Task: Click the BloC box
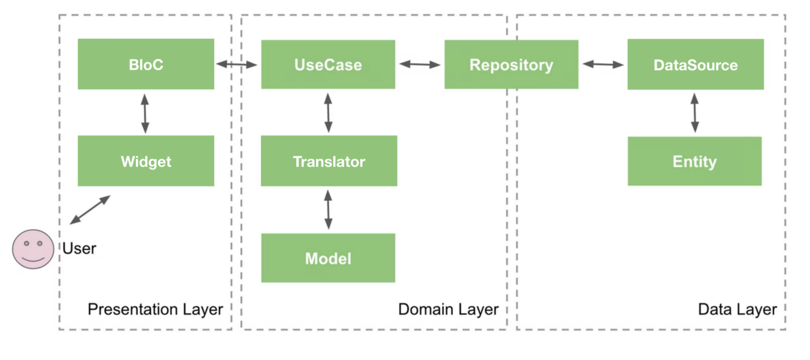146,64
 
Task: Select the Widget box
146,161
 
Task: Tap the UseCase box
328,64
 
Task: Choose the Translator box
329,161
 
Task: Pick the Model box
328,258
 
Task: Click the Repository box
511,64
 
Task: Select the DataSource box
695,64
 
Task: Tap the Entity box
694,161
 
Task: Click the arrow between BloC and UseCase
237,65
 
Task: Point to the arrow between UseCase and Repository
419,65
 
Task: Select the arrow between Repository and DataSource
603,65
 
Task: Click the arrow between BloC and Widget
145,113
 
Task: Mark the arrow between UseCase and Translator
328,113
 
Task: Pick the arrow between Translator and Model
328,210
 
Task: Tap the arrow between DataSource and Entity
695,113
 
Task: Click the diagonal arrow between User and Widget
90,210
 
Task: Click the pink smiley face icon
33,249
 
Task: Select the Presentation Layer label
155,310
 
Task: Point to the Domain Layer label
448,310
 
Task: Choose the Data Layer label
737,310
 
